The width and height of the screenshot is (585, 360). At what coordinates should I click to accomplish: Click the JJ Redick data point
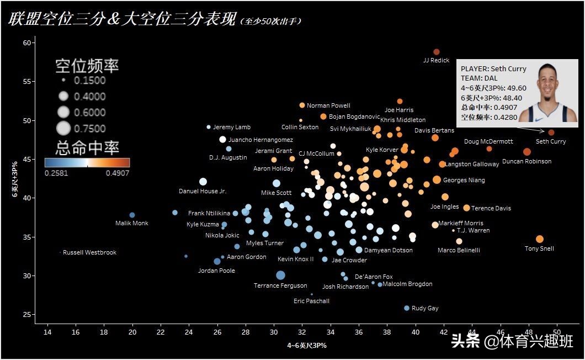tap(436, 52)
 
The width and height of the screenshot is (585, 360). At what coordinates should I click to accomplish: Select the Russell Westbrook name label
tap(90, 253)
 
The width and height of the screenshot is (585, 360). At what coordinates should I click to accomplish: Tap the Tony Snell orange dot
tap(540, 239)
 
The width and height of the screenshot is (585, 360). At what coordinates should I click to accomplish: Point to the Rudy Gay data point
tap(407, 308)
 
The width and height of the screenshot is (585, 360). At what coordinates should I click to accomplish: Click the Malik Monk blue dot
tap(132, 215)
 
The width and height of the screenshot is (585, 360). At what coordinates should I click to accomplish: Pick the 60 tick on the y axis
tap(26, 43)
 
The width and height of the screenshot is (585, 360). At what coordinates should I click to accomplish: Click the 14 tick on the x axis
tap(47, 332)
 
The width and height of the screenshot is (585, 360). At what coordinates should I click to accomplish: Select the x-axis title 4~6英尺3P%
tap(306, 346)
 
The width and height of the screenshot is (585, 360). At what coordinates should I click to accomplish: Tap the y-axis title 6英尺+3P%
tap(17, 179)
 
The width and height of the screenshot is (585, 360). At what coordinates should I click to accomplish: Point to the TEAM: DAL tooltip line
tap(479, 78)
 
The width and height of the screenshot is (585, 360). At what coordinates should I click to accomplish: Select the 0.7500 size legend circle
tap(64, 129)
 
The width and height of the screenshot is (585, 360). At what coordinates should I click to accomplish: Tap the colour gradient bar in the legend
tap(87, 162)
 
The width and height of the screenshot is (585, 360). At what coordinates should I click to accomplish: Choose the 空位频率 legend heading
tap(87, 66)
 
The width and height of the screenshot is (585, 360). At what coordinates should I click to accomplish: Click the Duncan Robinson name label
tap(526, 162)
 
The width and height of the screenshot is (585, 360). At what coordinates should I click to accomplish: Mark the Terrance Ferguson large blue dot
tap(280, 275)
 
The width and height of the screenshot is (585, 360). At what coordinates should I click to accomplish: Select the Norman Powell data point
tap(302, 105)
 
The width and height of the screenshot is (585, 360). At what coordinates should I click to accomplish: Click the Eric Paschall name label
tap(311, 301)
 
